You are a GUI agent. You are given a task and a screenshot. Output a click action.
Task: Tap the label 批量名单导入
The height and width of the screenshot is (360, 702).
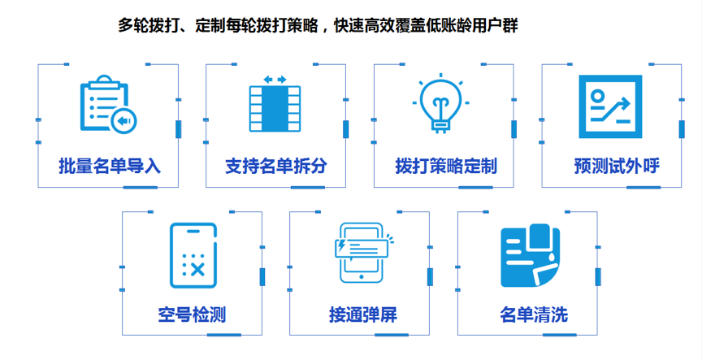click(x=110, y=167)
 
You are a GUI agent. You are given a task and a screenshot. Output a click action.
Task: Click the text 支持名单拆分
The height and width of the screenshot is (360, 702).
click(x=276, y=167)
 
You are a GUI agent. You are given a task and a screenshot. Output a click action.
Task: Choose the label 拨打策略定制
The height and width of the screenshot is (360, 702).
click(x=445, y=167)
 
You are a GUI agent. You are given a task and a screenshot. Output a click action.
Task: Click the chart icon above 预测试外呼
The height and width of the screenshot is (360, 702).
click(x=610, y=106)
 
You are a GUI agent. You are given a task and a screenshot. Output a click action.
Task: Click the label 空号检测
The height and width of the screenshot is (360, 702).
click(x=192, y=314)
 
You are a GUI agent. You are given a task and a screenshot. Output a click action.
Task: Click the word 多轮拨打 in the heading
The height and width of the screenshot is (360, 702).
click(x=145, y=25)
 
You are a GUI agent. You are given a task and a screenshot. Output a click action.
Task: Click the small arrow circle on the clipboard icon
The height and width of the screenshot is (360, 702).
click(x=123, y=121)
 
